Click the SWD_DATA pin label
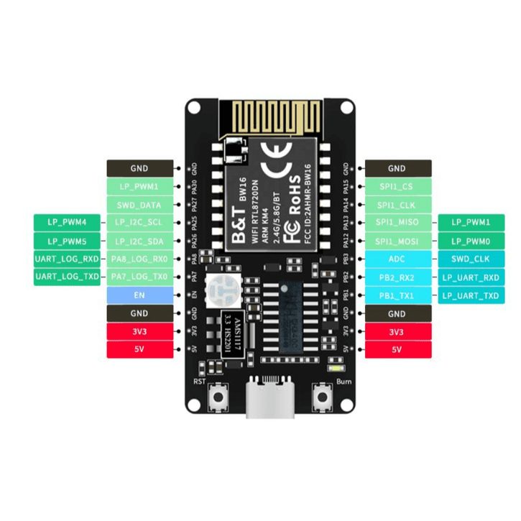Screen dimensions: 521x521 point(139,205)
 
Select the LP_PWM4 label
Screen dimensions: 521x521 point(67,223)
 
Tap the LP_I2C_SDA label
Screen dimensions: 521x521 point(139,241)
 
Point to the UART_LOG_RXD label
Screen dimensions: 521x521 point(67,259)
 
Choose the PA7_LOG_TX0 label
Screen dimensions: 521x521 point(139,277)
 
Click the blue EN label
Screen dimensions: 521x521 point(139,295)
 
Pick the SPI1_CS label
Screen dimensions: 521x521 point(397,187)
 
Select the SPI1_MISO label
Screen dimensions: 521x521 point(397,223)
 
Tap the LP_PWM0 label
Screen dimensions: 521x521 point(471,241)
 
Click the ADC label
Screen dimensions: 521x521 point(397,259)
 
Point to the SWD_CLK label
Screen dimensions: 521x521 point(471,259)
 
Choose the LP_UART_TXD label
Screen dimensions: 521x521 point(471,295)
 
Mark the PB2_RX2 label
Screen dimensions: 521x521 point(397,277)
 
